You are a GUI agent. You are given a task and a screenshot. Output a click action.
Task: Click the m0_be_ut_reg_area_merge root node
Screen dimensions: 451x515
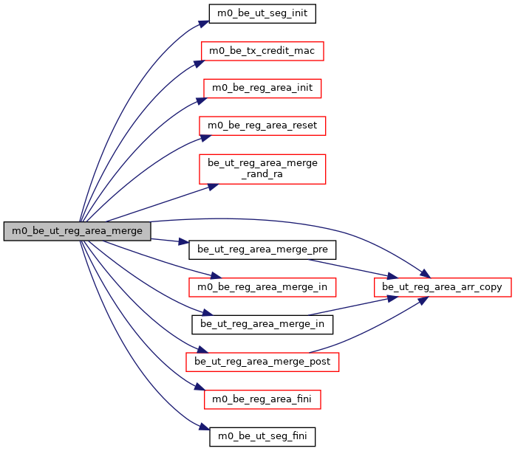coord(78,230)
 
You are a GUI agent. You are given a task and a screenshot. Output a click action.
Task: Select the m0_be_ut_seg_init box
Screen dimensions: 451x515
coord(262,14)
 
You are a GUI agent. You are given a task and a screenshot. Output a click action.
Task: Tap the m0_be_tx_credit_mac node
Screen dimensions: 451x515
coord(262,51)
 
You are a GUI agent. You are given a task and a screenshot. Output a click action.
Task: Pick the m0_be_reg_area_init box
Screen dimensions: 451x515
coord(262,88)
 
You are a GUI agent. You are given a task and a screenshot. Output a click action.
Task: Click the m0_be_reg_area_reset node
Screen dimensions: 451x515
coord(262,125)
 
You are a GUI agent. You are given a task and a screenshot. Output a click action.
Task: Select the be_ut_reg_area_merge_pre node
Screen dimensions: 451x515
coord(262,249)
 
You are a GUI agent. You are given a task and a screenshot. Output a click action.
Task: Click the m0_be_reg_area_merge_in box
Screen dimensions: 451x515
coord(262,286)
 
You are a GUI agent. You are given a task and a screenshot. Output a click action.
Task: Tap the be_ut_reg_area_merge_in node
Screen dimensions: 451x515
coord(262,323)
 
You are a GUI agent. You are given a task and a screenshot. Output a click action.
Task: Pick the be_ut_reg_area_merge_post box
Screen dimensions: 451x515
coord(262,362)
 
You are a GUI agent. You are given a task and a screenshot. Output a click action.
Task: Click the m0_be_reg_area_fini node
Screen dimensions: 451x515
coord(262,399)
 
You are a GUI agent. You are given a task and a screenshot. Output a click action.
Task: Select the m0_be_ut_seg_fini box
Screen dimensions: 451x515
coord(262,436)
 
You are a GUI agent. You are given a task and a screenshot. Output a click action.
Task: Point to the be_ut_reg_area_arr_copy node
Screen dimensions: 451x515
coord(443,286)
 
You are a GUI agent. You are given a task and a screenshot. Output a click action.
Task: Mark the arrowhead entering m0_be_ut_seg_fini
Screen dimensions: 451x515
coord(203,428)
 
